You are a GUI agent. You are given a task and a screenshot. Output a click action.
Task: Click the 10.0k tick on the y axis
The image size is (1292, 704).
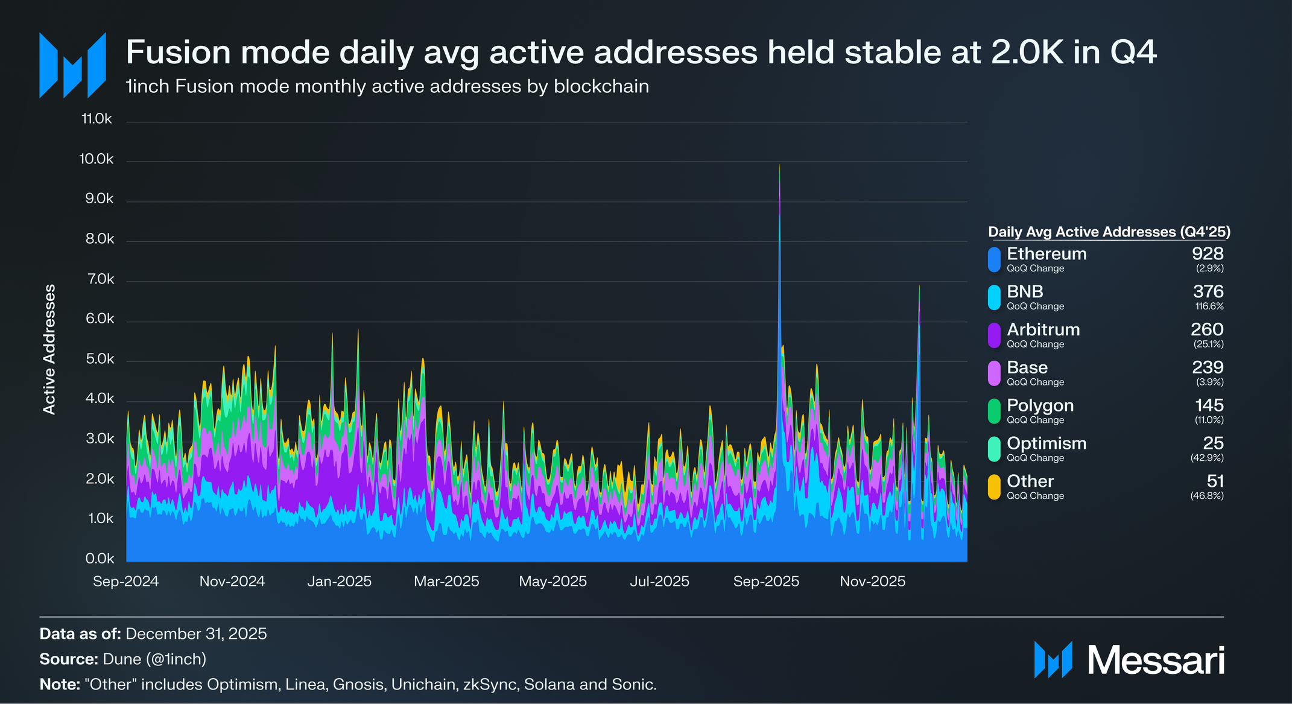(x=97, y=159)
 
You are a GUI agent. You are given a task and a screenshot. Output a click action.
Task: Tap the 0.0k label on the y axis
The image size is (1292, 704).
(x=100, y=559)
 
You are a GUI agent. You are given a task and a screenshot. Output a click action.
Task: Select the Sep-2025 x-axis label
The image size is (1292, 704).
(x=766, y=582)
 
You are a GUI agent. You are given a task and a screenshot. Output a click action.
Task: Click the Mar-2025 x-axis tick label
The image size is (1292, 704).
(x=446, y=582)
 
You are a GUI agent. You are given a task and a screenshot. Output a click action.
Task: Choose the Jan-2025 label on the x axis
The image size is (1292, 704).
(x=339, y=582)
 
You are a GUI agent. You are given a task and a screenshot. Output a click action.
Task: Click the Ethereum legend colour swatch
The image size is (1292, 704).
(x=994, y=259)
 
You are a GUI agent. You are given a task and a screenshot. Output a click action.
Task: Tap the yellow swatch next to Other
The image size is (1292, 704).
(x=994, y=487)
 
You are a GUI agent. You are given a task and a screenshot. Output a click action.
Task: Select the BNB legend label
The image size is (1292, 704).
(x=1025, y=291)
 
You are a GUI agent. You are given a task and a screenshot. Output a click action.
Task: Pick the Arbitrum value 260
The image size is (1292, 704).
(x=1207, y=329)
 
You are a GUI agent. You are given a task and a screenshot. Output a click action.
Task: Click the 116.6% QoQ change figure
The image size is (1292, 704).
(x=1209, y=306)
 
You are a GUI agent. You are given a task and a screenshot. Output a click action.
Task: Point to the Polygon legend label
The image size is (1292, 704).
(x=1040, y=405)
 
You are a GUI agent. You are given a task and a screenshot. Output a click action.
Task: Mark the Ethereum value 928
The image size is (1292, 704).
(x=1208, y=254)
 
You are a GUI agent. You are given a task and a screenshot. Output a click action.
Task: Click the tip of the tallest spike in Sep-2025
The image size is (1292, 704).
(x=779, y=165)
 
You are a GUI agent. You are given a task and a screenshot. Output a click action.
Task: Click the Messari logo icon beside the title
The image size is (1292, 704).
(x=72, y=65)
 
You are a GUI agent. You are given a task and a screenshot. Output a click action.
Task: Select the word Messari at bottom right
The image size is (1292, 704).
(x=1156, y=661)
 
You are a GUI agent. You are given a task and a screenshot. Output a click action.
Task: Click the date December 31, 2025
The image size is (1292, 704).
(x=196, y=634)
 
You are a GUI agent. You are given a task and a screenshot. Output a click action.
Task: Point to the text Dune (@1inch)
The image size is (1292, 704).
(x=154, y=659)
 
